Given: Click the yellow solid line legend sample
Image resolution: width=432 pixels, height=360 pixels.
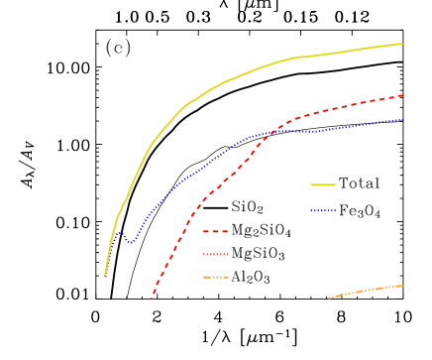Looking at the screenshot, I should [323, 184].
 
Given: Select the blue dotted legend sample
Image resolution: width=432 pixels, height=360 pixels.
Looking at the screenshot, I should [323, 210].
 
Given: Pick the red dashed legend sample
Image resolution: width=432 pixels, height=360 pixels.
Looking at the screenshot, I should [216, 231].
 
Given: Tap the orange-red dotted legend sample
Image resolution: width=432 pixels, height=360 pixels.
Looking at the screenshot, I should [216, 255].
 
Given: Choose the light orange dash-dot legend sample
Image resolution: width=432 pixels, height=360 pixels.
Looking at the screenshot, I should [216, 278].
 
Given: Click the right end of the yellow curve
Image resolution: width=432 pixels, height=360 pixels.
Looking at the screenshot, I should [402, 44].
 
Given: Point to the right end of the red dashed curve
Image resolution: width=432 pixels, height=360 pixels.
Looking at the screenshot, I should [402, 95].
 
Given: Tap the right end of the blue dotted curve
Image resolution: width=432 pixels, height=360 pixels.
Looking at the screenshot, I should [402, 119].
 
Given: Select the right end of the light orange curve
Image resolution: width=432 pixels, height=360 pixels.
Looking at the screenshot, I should [402, 286].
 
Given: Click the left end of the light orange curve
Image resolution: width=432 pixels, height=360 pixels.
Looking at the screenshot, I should [329, 298].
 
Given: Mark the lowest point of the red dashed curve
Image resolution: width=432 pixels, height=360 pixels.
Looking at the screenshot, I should [152, 297].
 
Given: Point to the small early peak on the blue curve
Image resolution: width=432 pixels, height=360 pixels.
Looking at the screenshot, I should [120, 233].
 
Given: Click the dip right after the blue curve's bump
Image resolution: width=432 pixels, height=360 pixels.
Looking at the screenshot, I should [130, 242].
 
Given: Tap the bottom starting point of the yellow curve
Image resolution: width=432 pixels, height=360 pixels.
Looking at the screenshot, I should [105, 275].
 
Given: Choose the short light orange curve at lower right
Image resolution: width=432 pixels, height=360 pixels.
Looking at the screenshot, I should [367, 291].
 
